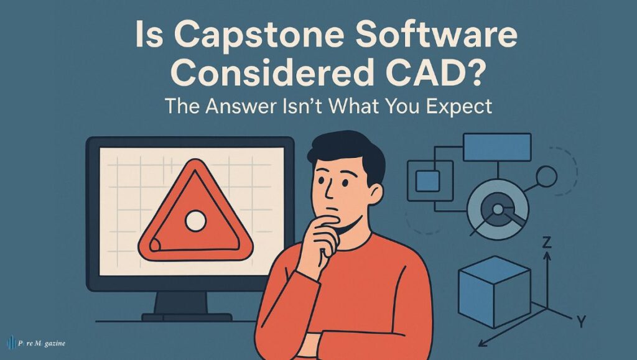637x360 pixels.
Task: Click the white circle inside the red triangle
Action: click(x=195, y=219)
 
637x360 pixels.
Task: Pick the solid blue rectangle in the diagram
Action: click(x=497, y=147)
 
